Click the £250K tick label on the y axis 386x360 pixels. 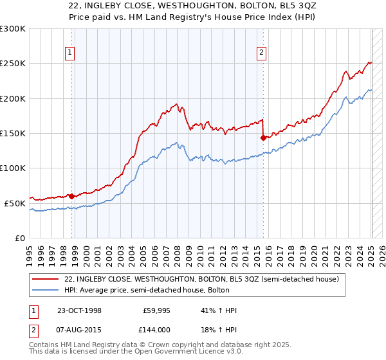(x=13, y=64)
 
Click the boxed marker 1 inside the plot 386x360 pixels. (x=69, y=54)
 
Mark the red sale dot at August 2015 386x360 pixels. (x=263, y=137)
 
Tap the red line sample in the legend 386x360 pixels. (x=46, y=279)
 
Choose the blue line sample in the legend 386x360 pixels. (x=46, y=291)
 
